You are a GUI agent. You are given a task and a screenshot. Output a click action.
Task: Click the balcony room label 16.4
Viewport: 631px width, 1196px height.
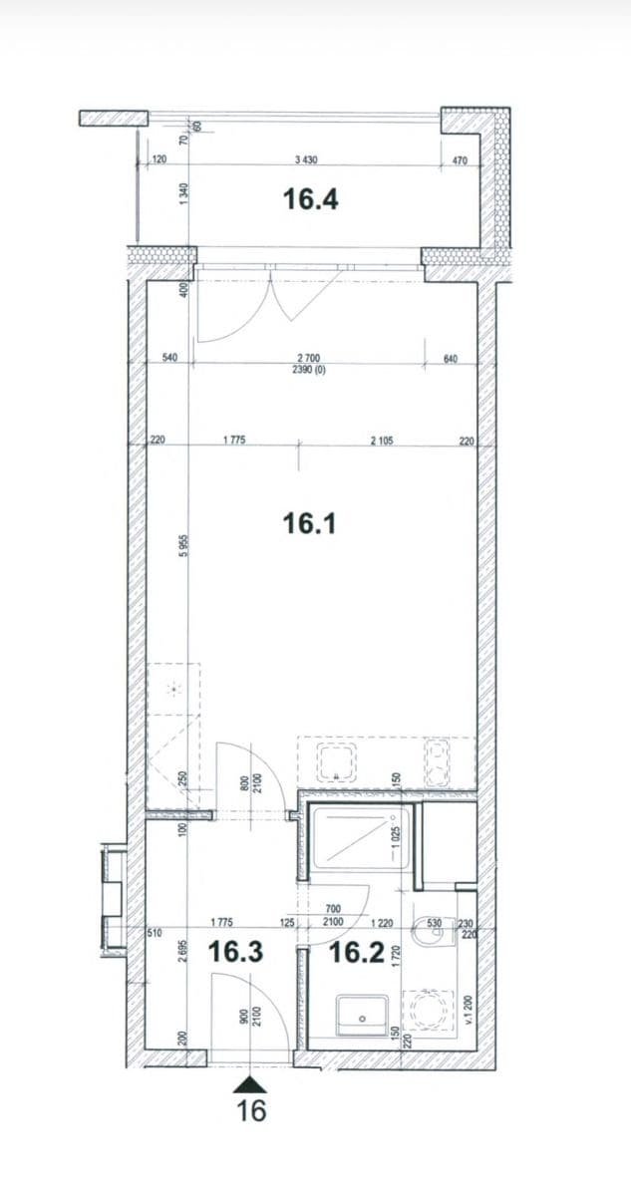310,200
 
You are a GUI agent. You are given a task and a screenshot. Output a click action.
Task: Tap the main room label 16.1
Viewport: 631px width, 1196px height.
310,521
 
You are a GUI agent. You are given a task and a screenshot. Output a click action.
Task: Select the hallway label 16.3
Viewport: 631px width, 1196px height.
235,953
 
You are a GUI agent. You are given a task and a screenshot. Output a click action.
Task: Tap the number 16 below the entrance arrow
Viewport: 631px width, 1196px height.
252,1110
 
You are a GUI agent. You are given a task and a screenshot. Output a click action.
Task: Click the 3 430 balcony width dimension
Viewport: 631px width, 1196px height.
306,159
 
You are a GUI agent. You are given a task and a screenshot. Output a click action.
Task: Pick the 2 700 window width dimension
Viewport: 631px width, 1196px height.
309,358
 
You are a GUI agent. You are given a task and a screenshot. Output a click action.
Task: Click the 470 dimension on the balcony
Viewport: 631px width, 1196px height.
460,159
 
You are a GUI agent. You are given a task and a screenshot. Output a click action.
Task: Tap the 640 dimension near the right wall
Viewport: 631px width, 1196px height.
449,358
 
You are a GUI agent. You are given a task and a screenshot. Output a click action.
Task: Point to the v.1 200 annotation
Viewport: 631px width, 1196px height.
470,1010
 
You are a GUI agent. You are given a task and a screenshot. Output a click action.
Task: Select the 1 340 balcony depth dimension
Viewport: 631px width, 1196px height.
183,194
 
